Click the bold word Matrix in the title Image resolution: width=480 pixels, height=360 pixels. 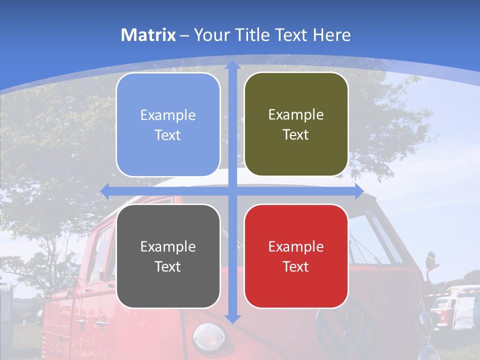pyautogui.click(x=148, y=35)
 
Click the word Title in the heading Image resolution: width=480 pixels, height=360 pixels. pyautogui.click(x=252, y=35)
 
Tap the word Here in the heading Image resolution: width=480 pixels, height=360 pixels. pyautogui.click(x=331, y=35)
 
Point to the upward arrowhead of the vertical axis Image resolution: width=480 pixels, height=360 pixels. pyautogui.click(x=232, y=65)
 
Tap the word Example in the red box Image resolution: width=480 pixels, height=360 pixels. pyautogui.click(x=296, y=246)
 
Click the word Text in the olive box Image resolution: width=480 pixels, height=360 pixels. pyautogui.click(x=296, y=135)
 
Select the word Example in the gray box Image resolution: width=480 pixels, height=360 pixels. pyautogui.click(x=168, y=246)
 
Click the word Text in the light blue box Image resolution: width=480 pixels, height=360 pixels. pyautogui.click(x=168, y=135)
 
